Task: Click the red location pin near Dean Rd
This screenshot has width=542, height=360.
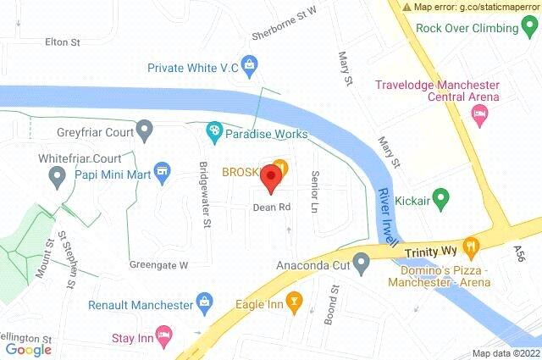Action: (x=270, y=178)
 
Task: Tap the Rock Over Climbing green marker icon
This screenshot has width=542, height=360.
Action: (x=530, y=27)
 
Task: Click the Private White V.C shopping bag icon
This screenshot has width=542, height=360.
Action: (x=249, y=64)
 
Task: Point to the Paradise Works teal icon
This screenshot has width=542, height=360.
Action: (x=214, y=131)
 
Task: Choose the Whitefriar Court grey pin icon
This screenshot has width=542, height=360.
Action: (x=58, y=177)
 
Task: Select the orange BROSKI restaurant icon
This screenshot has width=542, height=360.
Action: (x=282, y=168)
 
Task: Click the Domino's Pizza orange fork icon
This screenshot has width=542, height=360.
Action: (x=471, y=246)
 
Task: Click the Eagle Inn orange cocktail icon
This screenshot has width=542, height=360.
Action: (x=294, y=300)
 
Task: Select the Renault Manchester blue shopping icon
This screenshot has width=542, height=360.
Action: (x=204, y=301)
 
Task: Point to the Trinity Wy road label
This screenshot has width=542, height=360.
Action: (x=430, y=252)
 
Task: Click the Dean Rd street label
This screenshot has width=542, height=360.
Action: (x=272, y=207)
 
